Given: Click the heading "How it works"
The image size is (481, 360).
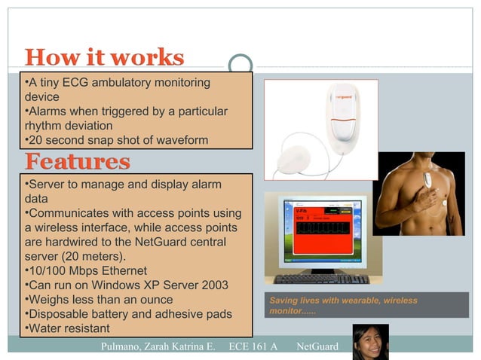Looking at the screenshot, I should point(104,57).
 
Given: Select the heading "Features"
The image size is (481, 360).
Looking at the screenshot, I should point(77,161).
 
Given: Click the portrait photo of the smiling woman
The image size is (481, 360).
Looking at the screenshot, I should point(370,341).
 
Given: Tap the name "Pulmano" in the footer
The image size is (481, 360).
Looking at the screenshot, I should point(124,346).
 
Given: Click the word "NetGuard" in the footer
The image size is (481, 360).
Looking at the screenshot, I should point(317,346).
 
